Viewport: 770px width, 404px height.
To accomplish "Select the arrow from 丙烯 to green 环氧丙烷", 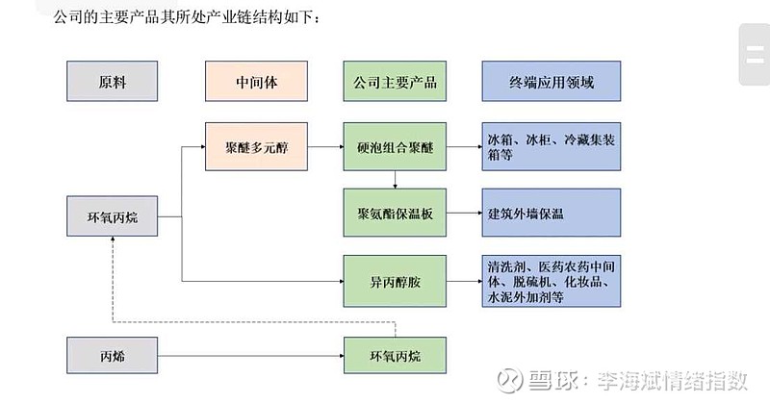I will (250, 356).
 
